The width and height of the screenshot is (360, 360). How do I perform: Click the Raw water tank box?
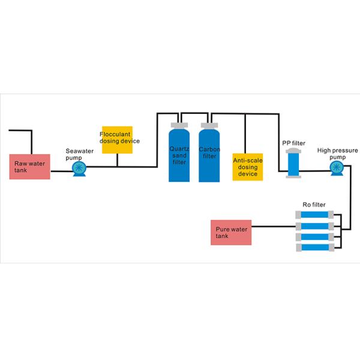tap(29, 166)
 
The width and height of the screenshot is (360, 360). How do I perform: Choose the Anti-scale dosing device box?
tap(248, 166)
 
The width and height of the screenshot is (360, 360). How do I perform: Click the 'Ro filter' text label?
tap(314, 205)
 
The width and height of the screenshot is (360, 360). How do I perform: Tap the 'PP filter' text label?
tap(294, 143)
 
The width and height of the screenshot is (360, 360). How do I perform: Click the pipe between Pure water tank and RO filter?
tap(276, 226)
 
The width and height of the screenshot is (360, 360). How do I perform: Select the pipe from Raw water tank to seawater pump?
tap(60, 171)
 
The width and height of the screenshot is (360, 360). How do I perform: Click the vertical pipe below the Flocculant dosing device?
tap(117, 160)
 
